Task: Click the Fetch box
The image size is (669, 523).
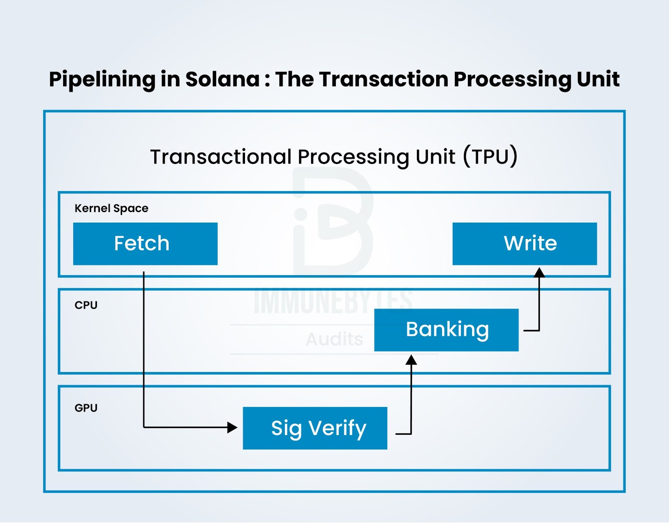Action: (145, 244)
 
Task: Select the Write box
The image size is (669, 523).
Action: (524, 244)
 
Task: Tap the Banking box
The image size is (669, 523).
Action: (446, 330)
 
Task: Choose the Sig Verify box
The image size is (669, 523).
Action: (315, 428)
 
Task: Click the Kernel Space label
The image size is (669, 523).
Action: (111, 208)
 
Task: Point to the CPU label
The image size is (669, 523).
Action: (86, 305)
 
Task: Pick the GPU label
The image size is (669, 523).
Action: (86, 408)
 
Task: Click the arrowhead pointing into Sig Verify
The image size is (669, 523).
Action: (232, 427)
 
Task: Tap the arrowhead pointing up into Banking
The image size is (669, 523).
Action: (411, 360)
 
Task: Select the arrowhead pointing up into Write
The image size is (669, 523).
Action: (539, 273)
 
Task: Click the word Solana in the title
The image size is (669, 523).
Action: (222, 79)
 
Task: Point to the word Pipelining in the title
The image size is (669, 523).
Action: (102, 79)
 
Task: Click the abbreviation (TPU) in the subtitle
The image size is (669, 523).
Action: (490, 156)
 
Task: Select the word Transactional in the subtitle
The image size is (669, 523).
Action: (221, 157)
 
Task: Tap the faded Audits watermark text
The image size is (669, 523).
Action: (334, 339)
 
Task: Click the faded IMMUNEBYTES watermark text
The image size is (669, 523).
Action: (333, 302)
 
